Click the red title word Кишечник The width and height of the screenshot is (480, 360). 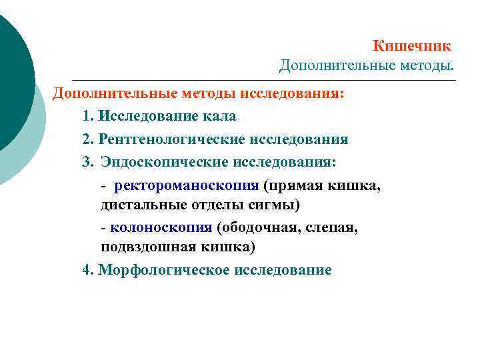click(411, 46)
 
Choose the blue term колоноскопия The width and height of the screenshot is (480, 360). click(161, 227)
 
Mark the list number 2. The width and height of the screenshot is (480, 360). click(87, 139)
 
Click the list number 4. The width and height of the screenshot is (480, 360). click(87, 270)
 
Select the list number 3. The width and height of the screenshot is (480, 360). click(87, 162)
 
